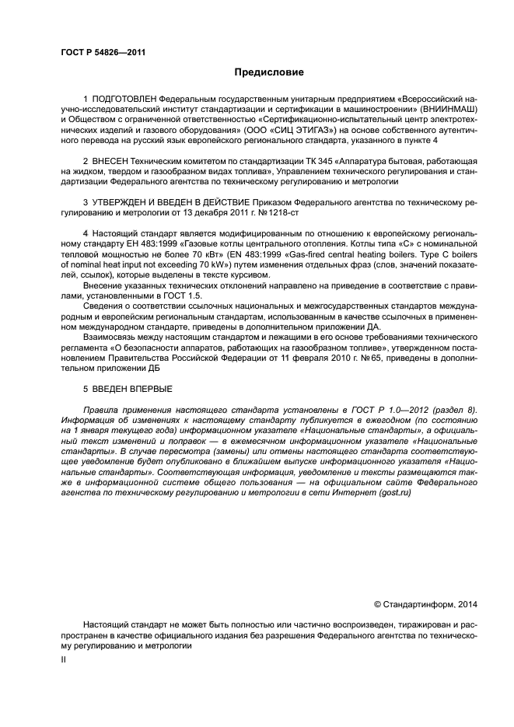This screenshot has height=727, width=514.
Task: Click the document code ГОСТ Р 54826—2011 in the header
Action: click(x=103, y=53)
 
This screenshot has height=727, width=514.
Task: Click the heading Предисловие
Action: click(x=270, y=72)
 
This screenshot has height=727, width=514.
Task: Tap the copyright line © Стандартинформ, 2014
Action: click(x=426, y=603)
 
